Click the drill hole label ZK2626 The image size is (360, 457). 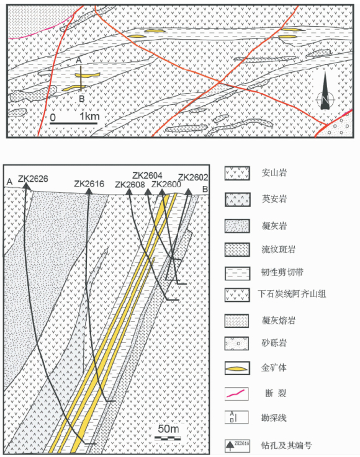[33, 179]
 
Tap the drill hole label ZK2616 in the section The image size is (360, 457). [89, 184]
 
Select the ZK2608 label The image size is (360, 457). [130, 185]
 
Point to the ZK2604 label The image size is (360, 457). [147, 175]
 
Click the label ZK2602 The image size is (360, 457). [193, 177]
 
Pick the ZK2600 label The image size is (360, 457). [166, 184]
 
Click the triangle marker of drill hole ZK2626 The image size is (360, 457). [27, 186]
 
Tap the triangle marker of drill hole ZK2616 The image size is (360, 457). [89, 191]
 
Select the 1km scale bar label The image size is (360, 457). [89, 117]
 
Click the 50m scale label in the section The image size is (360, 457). [168, 428]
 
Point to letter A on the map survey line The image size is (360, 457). [78, 60]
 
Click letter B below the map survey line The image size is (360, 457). [82, 99]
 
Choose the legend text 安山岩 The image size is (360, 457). [274, 173]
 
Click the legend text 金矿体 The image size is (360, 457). [274, 368]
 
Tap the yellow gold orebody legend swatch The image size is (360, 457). [237, 369]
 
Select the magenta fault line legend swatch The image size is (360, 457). [236, 394]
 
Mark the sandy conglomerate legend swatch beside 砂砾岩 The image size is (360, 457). [236, 344]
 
